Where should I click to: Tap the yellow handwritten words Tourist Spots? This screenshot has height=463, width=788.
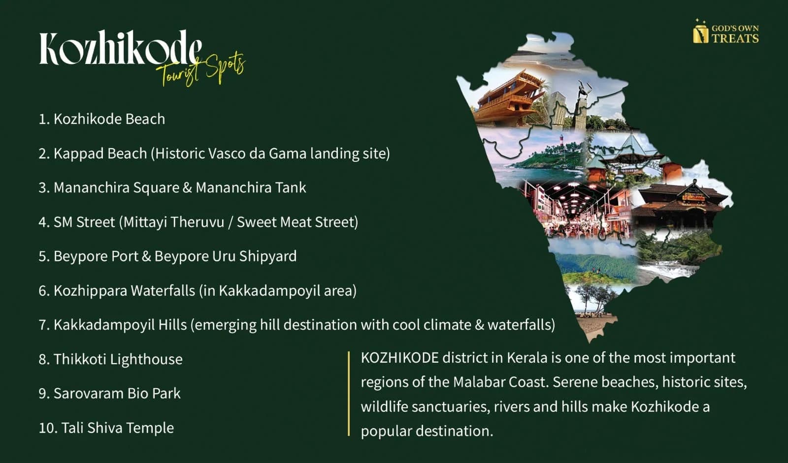tap(200, 69)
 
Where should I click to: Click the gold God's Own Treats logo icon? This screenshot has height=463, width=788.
tap(700, 31)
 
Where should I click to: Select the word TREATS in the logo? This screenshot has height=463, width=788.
tap(735, 38)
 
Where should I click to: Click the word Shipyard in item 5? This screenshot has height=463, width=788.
tap(268, 257)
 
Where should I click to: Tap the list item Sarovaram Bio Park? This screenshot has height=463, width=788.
tap(109, 394)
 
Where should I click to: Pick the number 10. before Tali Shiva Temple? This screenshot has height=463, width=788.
tap(48, 428)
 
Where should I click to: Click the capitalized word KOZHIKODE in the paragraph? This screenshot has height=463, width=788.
tap(399, 358)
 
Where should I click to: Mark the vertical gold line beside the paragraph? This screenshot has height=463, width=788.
tap(349, 394)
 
